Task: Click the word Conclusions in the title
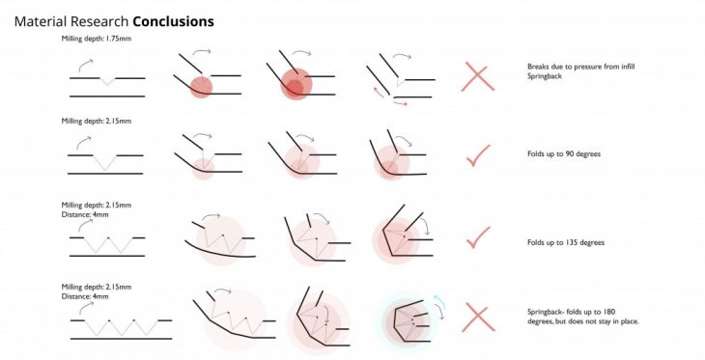[x=174, y=21]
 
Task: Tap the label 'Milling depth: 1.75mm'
[x=97, y=39]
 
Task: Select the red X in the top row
[x=478, y=77]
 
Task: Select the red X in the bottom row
[x=478, y=317]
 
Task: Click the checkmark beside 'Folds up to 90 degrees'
[x=478, y=155]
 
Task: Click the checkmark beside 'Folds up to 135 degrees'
[x=478, y=237]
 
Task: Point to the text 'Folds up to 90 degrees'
[x=564, y=153]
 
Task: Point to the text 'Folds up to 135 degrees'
[x=566, y=242]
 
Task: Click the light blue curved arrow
[x=439, y=301]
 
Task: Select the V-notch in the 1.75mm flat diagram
[x=107, y=81]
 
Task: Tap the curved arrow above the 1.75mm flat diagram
[x=85, y=66]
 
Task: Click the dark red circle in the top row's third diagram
[x=294, y=87]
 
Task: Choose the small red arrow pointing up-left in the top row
[x=379, y=92]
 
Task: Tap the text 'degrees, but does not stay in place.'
[x=583, y=321]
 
